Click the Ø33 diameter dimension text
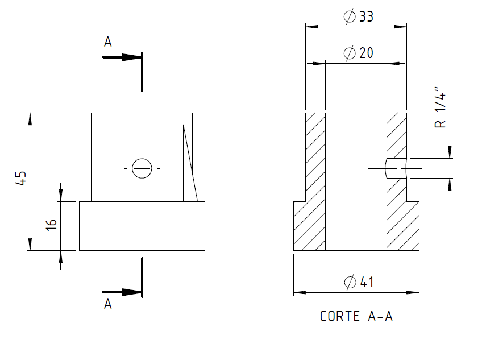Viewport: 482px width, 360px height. [x=359, y=16]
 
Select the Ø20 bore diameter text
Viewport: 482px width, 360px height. [x=359, y=53]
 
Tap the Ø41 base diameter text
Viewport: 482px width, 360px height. [x=359, y=282]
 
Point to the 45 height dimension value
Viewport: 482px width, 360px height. [x=21, y=179]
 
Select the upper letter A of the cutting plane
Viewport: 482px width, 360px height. [x=108, y=42]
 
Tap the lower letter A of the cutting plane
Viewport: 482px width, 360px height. [x=108, y=304]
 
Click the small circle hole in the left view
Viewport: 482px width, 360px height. [x=142, y=168]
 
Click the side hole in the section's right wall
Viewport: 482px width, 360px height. [x=397, y=168]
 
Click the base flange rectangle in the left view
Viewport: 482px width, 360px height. [x=142, y=226]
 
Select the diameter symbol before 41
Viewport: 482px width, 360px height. [x=350, y=282]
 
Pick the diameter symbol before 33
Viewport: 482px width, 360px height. [x=350, y=16]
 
